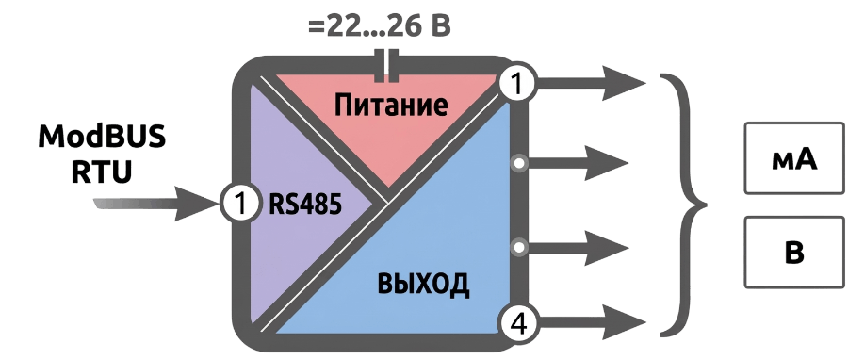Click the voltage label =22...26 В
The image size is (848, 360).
[x=380, y=26]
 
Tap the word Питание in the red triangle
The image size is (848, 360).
[x=391, y=105]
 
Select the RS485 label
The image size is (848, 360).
[x=305, y=205]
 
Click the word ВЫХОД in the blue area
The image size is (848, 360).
[x=423, y=285]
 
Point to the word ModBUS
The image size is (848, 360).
[x=102, y=138]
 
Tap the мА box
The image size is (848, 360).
[x=794, y=158]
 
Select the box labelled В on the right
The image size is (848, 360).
[x=794, y=252]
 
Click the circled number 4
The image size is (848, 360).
[x=517, y=325]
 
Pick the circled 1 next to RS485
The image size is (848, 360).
[x=240, y=205]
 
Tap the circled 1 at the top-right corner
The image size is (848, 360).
[x=517, y=84]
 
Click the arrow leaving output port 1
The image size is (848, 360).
[x=592, y=83]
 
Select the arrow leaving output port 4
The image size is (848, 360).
[x=592, y=322]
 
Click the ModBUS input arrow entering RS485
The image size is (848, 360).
[x=156, y=204]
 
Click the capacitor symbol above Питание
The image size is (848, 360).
[x=386, y=67]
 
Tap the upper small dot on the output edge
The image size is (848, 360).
[x=519, y=163]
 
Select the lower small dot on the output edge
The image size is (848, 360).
[x=519, y=248]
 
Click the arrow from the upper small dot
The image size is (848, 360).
[x=578, y=163]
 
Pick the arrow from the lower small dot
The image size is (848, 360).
[x=578, y=248]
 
